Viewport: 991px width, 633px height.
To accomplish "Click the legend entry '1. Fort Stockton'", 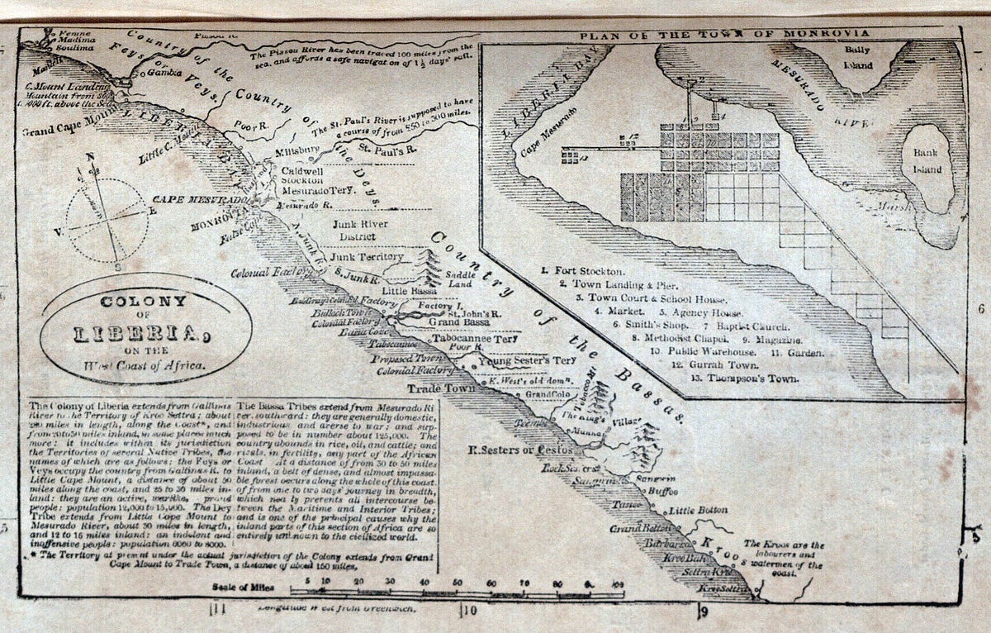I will click(583, 270).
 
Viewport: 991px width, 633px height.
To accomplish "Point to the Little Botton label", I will click(698, 510).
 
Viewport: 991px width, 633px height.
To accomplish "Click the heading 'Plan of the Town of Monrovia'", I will click(723, 34).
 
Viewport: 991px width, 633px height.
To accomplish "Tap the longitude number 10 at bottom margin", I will click(468, 612).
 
